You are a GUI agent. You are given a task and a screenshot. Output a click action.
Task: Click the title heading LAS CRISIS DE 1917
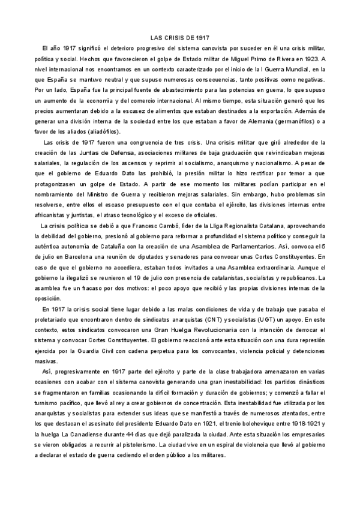(179, 37)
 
